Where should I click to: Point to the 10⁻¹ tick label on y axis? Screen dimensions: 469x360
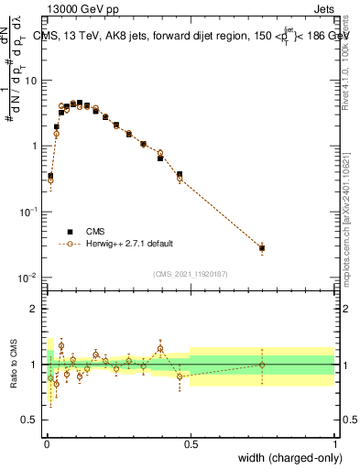(x=29, y=212)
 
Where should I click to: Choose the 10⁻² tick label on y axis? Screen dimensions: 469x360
(x=29, y=278)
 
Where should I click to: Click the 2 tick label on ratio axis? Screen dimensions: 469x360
(x=35, y=309)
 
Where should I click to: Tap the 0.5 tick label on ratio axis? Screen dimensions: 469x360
(x=30, y=420)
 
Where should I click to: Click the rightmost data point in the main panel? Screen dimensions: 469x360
(x=262, y=248)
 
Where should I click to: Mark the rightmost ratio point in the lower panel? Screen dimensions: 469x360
(x=262, y=365)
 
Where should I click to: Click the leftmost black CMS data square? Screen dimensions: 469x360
(x=50, y=175)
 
